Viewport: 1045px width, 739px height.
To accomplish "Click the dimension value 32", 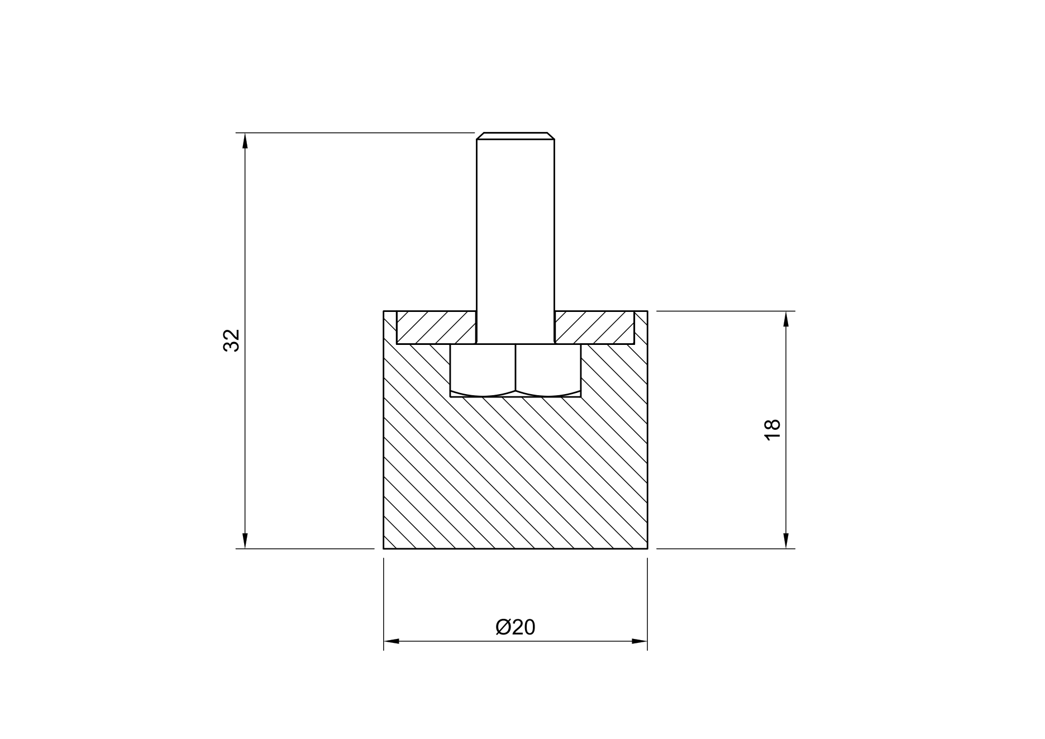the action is pyautogui.click(x=231, y=340).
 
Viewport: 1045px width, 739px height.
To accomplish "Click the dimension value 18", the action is pyautogui.click(x=772, y=429).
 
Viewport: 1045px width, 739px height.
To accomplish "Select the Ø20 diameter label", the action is pyautogui.click(x=515, y=627).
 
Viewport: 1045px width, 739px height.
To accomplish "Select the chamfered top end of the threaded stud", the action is pyautogui.click(x=516, y=136).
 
